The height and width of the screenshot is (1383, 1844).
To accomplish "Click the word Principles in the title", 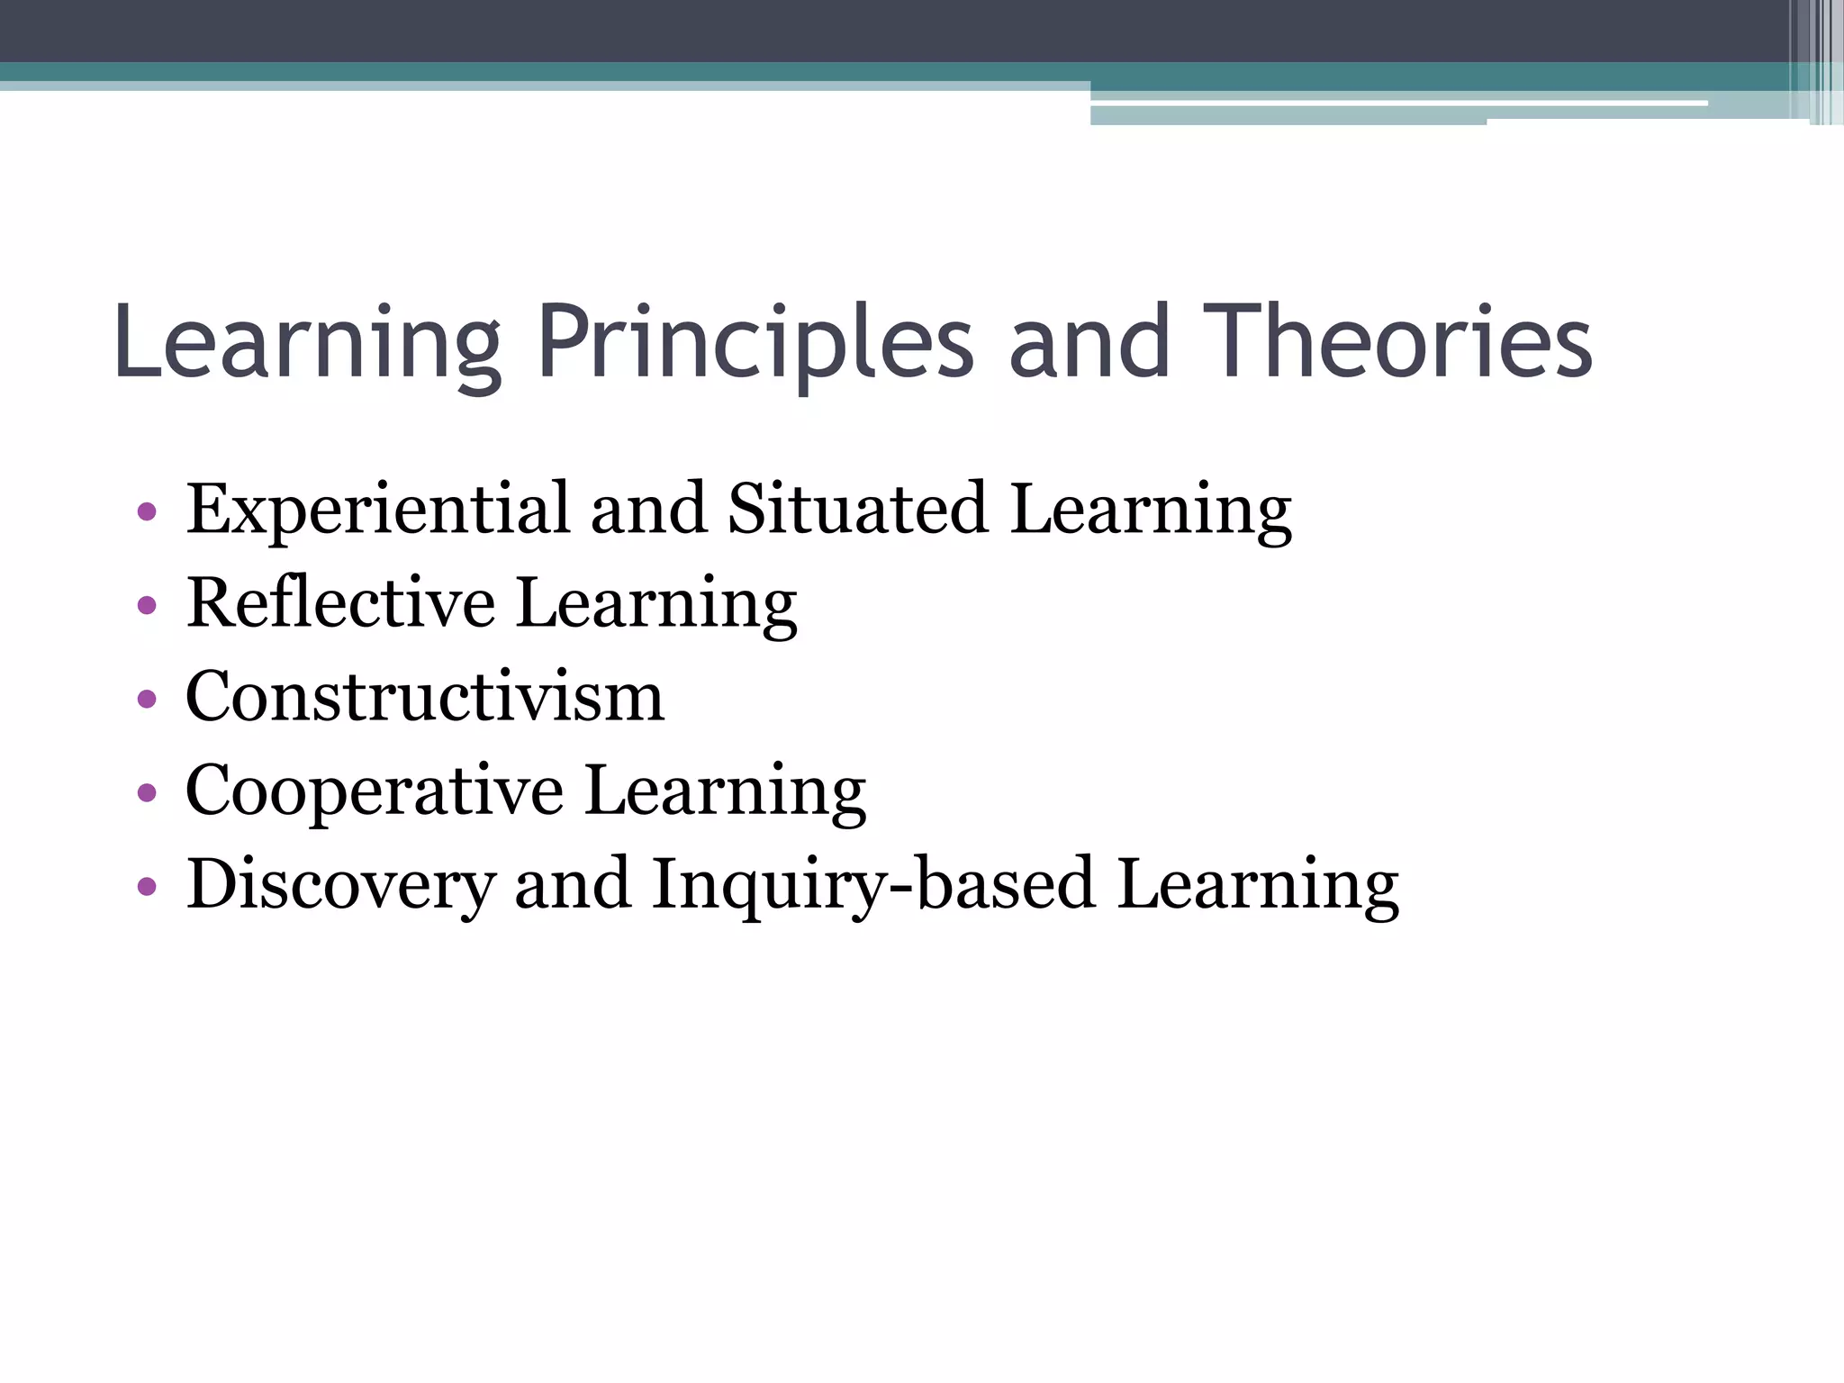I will tap(755, 344).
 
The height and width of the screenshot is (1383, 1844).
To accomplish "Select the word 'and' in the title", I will tap(1089, 344).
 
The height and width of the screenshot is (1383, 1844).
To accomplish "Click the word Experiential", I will tap(378, 510).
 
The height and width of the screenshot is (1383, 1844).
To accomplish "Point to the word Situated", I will tap(858, 510).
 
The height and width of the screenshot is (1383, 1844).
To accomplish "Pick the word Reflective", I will tap(340, 603).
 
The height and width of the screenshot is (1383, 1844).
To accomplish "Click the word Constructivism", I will tap(425, 697).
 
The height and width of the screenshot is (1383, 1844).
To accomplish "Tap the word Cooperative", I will tap(375, 791).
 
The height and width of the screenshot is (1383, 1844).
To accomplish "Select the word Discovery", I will tap(340, 885).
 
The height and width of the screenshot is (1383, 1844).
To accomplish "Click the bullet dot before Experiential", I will tap(147, 513).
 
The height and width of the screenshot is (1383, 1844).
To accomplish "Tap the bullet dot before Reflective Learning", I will tap(147, 606).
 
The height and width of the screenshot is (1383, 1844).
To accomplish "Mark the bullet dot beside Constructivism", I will tap(147, 700).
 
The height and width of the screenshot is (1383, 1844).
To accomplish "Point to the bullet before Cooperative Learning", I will tap(147, 793).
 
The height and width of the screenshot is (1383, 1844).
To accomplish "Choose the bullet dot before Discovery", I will tap(147, 888).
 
